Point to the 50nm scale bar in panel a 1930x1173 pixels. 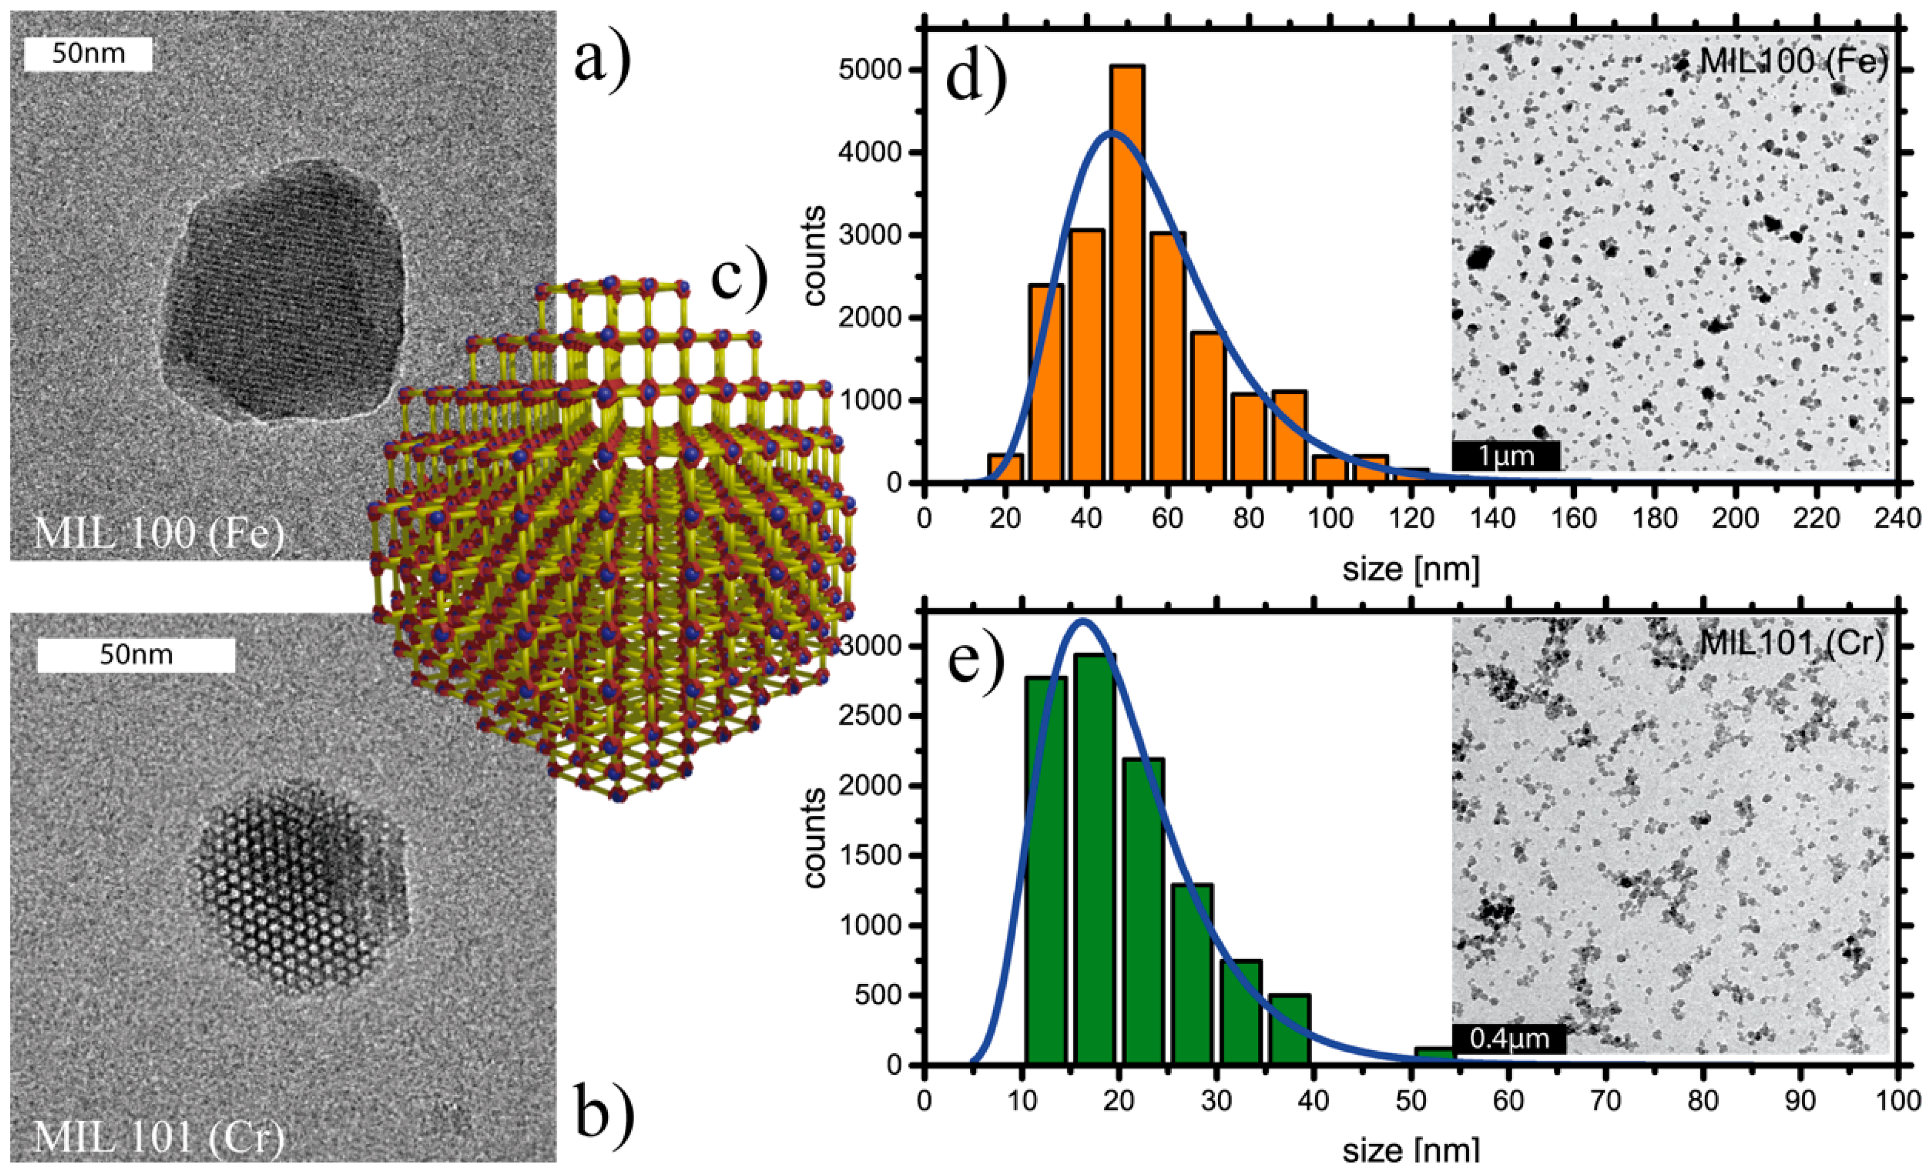[88, 55]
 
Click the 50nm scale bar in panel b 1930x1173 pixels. [136, 655]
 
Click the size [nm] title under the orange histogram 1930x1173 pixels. [1411, 568]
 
